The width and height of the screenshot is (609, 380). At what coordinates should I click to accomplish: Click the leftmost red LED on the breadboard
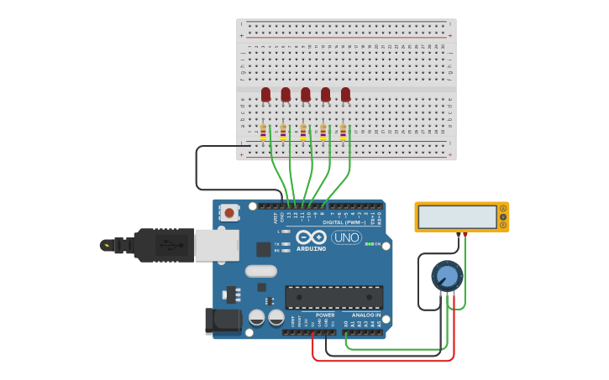(265, 94)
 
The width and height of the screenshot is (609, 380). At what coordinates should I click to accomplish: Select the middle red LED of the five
(306, 94)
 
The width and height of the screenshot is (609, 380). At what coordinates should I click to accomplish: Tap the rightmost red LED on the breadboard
(345, 94)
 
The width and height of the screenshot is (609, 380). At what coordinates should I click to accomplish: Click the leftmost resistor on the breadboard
(263, 132)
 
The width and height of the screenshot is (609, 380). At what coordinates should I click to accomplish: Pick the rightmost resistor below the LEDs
(343, 132)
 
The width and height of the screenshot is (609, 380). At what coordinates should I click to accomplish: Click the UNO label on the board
(346, 237)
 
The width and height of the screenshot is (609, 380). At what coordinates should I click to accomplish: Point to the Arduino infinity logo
(310, 237)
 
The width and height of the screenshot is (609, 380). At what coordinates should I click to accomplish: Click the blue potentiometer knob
(447, 275)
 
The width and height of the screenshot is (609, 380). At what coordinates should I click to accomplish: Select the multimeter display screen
(458, 216)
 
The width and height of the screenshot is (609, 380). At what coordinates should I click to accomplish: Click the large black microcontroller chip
(333, 297)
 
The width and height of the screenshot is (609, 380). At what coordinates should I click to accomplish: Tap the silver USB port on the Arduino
(216, 245)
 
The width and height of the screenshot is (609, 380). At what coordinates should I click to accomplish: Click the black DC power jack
(222, 320)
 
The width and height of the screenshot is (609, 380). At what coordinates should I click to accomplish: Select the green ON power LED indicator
(368, 244)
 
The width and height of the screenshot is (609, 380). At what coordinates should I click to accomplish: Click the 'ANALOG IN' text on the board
(366, 315)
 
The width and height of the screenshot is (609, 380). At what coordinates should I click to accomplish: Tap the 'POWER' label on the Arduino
(325, 315)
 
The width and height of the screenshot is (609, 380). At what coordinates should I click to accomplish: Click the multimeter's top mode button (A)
(503, 208)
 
